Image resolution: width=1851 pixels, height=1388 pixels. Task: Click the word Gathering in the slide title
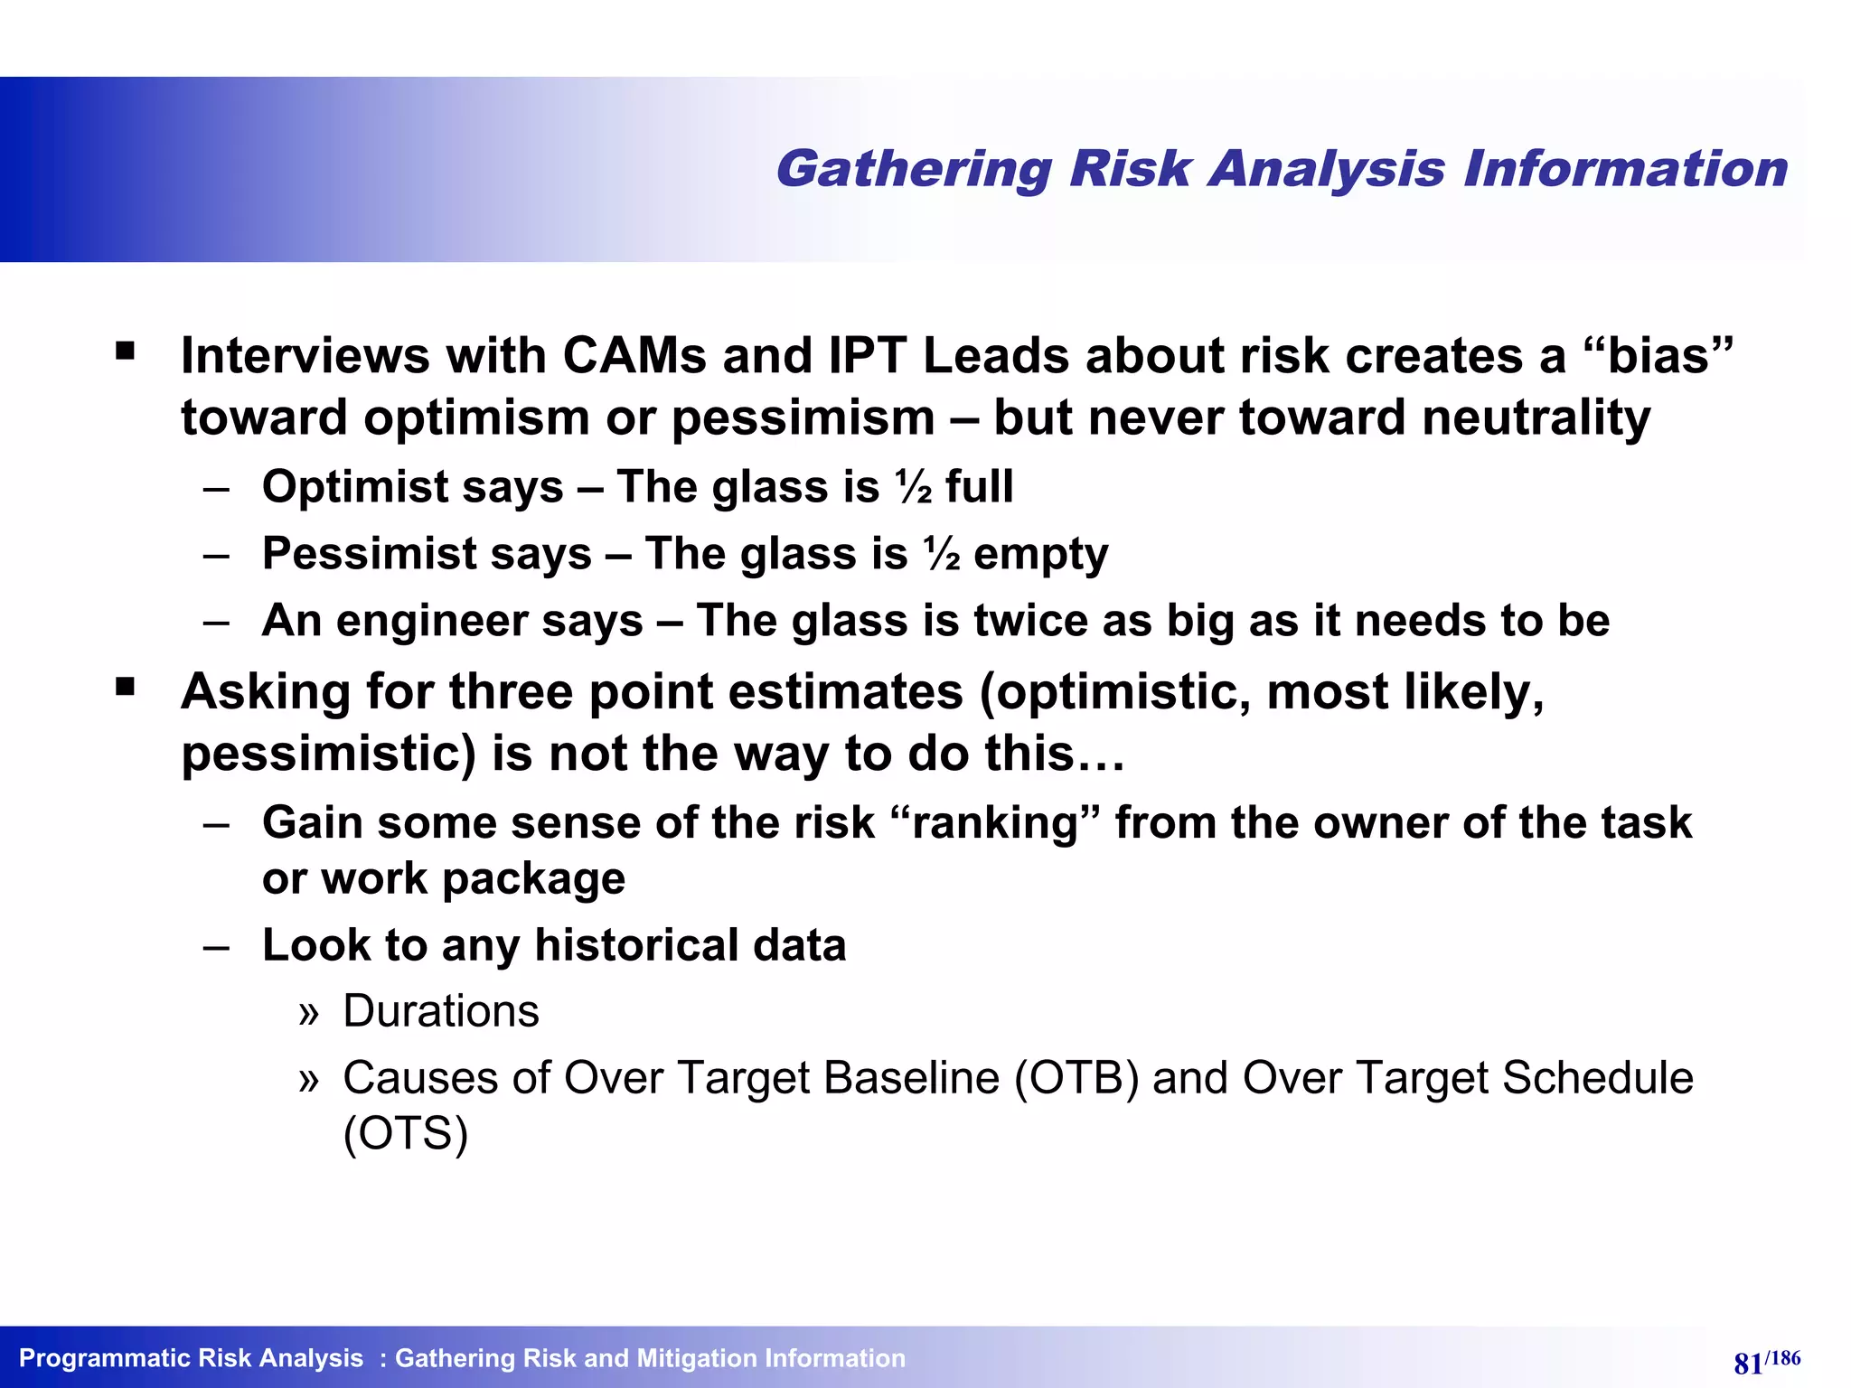[913, 170]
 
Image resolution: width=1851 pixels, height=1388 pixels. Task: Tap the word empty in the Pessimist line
[1040, 554]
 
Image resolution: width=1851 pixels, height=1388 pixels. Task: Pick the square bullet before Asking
[126, 689]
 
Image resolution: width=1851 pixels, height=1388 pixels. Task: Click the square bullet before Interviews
[126, 351]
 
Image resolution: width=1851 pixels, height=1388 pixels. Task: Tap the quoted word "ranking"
[995, 822]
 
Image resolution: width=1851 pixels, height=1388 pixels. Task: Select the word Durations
[441, 1010]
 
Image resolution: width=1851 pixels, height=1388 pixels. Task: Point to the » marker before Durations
[309, 1013]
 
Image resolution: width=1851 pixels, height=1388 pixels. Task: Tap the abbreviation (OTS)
[406, 1134]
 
